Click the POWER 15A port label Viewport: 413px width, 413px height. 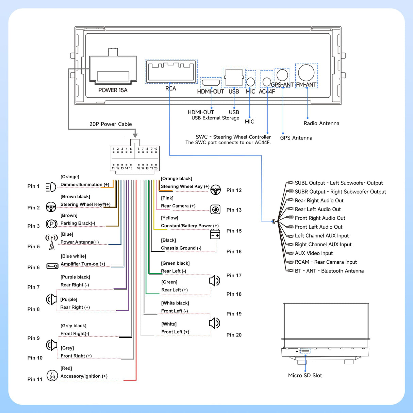coord(113,90)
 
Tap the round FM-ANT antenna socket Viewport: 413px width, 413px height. coord(306,72)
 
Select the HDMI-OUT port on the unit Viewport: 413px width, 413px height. coord(211,83)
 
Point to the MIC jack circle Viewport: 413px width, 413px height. coord(250,82)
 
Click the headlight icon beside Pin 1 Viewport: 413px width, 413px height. coord(51,187)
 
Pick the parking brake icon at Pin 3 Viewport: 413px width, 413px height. coord(51,224)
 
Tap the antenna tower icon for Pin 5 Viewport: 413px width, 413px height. coord(51,242)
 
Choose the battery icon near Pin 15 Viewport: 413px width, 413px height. coord(215,234)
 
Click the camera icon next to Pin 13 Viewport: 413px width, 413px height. coord(215,209)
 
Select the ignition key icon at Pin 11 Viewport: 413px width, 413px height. coord(52,376)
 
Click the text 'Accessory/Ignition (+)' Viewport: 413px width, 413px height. coord(84,376)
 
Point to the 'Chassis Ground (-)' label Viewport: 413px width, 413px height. coord(181,248)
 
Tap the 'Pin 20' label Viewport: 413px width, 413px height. coord(234,335)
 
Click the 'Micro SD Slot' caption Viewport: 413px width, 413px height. coord(305,375)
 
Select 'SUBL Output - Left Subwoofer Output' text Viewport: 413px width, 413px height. coord(338,183)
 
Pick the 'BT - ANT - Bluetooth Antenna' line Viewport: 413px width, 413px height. coord(329,271)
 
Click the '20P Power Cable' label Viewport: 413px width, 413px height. coord(111,124)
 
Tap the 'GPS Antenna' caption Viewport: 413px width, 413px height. coord(296,138)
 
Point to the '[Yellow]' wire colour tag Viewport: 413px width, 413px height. coord(169,218)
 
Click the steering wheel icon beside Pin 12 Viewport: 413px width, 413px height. coord(215,189)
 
